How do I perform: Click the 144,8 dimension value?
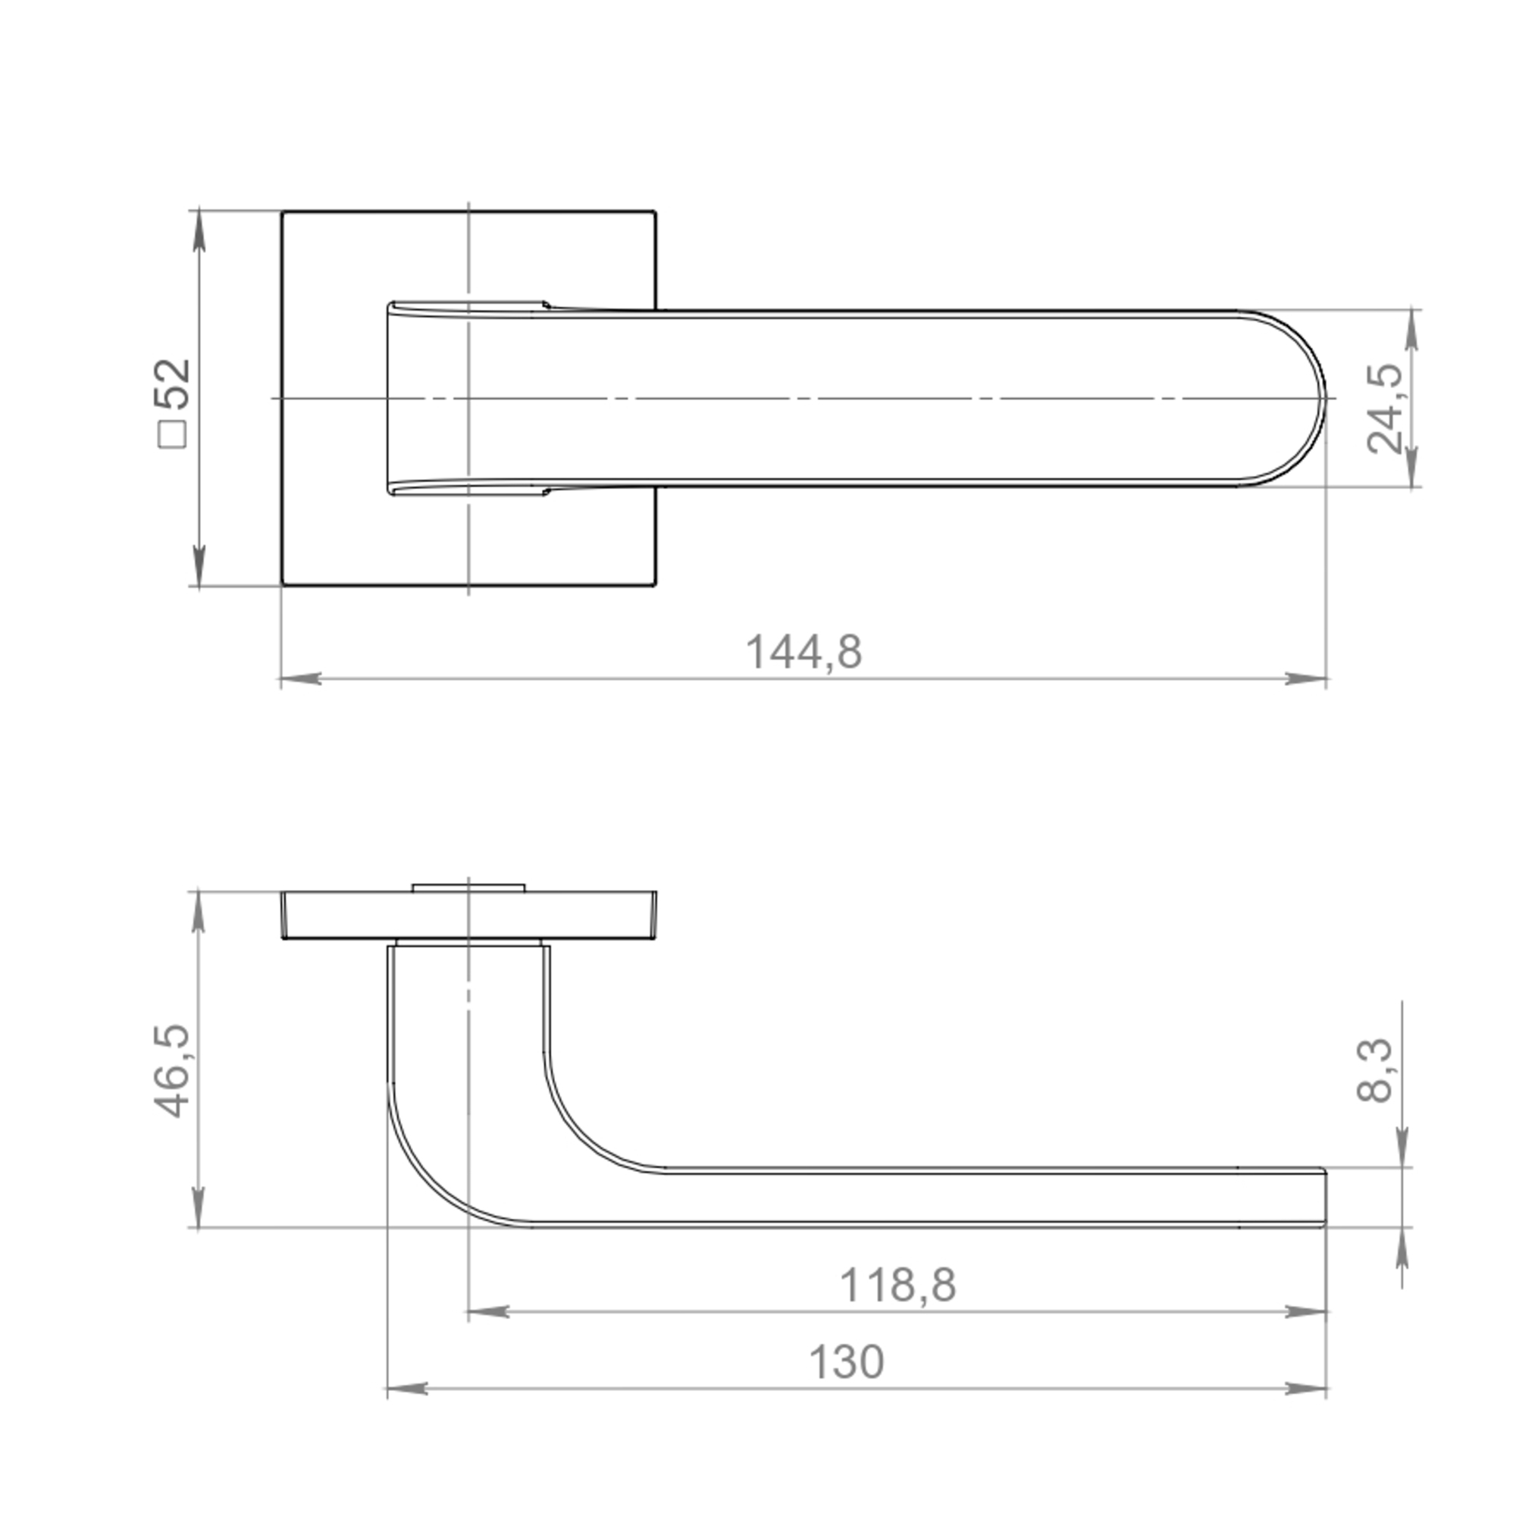[x=803, y=652]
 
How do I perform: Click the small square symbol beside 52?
[x=173, y=434]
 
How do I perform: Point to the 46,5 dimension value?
[x=172, y=1070]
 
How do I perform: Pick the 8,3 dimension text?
[x=1375, y=1070]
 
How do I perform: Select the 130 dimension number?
[x=846, y=1363]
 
